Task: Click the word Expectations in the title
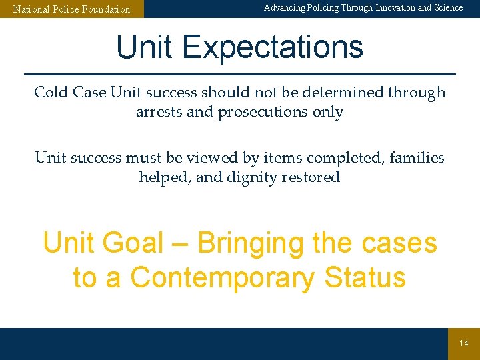272,48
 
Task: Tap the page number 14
464,343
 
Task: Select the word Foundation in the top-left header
105,10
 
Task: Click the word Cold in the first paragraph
51,93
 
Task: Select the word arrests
159,112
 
